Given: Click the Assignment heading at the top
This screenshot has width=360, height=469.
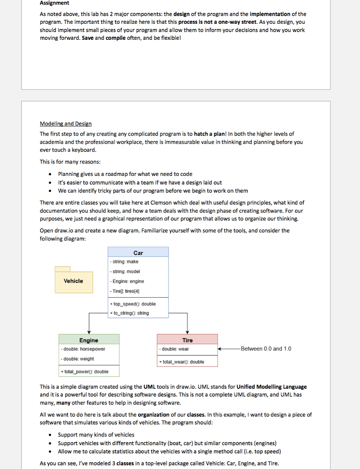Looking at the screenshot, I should point(55,3).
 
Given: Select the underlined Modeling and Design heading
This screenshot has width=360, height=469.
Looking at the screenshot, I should point(65,124).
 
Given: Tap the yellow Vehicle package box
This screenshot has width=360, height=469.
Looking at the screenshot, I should point(73,281).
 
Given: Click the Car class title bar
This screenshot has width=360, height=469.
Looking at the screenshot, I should point(138,252).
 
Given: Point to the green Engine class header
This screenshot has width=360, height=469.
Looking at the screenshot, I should point(89,340).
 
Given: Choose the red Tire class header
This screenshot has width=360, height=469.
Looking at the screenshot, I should point(187,340).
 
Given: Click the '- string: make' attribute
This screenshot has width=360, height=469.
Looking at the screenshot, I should point(125,262).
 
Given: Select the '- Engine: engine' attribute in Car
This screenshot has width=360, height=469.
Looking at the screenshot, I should point(127,281).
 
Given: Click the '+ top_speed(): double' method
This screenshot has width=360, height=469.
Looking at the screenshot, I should point(133,304).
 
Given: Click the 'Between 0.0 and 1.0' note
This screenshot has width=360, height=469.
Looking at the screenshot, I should point(266,349).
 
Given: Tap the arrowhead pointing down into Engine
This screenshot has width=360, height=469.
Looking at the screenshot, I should point(89,332).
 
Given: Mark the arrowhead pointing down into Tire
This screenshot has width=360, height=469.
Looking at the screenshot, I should point(187,332).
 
